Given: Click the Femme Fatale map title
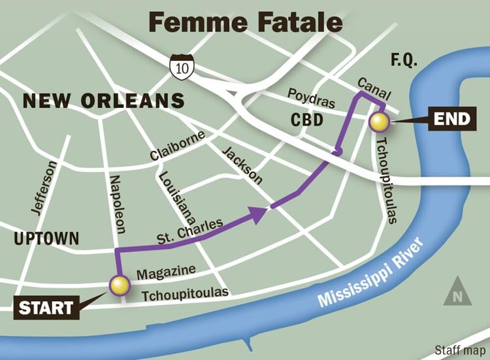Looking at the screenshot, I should point(245,22).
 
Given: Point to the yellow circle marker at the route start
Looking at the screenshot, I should point(119,286).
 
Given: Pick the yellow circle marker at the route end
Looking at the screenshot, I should point(378,122).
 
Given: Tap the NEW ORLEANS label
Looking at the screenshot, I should point(103,101).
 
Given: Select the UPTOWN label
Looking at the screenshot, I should point(46,238).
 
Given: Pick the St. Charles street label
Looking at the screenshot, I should point(190,232).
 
